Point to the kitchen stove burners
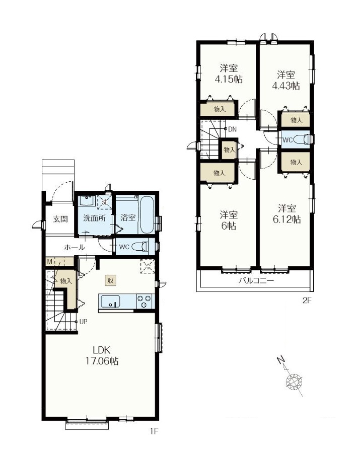[x=145, y=302]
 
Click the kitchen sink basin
[x=110, y=302]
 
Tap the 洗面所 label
[x=94, y=219]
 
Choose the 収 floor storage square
[x=110, y=280]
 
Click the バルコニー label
[x=256, y=281]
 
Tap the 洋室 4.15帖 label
[x=229, y=74]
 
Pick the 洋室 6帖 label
[x=229, y=220]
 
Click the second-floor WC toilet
[x=301, y=139]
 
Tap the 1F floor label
[x=154, y=431]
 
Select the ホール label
[x=74, y=248]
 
